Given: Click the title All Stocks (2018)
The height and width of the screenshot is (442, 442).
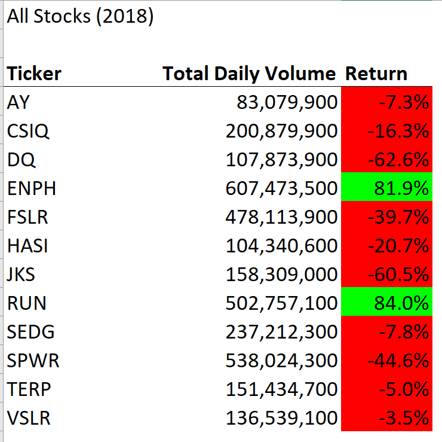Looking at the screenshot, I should [x=80, y=17].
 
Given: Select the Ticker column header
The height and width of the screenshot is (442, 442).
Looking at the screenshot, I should [x=34, y=74].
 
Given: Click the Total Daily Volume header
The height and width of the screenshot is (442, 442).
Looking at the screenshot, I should [x=249, y=74].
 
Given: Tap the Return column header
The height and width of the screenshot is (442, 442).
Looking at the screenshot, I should [x=376, y=74].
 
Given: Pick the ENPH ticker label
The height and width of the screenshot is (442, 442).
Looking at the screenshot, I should [x=31, y=188].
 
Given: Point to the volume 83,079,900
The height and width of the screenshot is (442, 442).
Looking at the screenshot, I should [x=287, y=103].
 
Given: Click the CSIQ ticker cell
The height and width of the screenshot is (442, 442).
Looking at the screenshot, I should [x=28, y=131].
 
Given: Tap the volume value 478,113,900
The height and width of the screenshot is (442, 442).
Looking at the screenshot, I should [x=281, y=217].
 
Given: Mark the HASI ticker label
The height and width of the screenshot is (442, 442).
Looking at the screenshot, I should [x=28, y=246].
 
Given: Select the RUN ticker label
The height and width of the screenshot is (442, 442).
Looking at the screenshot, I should [x=26, y=303].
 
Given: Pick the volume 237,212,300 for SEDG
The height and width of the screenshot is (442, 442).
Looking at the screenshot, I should [x=281, y=332].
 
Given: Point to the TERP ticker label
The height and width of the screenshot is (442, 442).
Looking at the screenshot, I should [x=29, y=389].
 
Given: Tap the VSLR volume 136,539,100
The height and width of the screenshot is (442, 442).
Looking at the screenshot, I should [x=281, y=417].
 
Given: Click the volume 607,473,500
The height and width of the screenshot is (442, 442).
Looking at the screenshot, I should [x=281, y=188].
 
